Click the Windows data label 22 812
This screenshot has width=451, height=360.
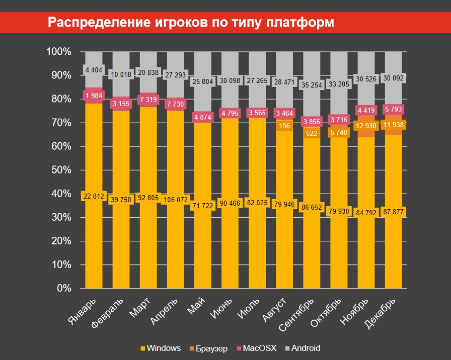pyautogui.click(x=94, y=196)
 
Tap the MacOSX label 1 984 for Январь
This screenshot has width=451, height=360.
pyautogui.click(x=94, y=96)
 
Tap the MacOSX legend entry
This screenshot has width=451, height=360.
pyautogui.click(x=256, y=348)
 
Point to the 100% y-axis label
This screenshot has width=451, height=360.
pyautogui.click(x=59, y=51)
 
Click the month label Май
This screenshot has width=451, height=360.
pyautogui.click(x=196, y=305)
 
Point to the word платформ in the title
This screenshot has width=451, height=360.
pyautogui.click(x=300, y=23)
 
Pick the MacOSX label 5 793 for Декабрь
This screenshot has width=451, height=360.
pyautogui.click(x=394, y=109)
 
